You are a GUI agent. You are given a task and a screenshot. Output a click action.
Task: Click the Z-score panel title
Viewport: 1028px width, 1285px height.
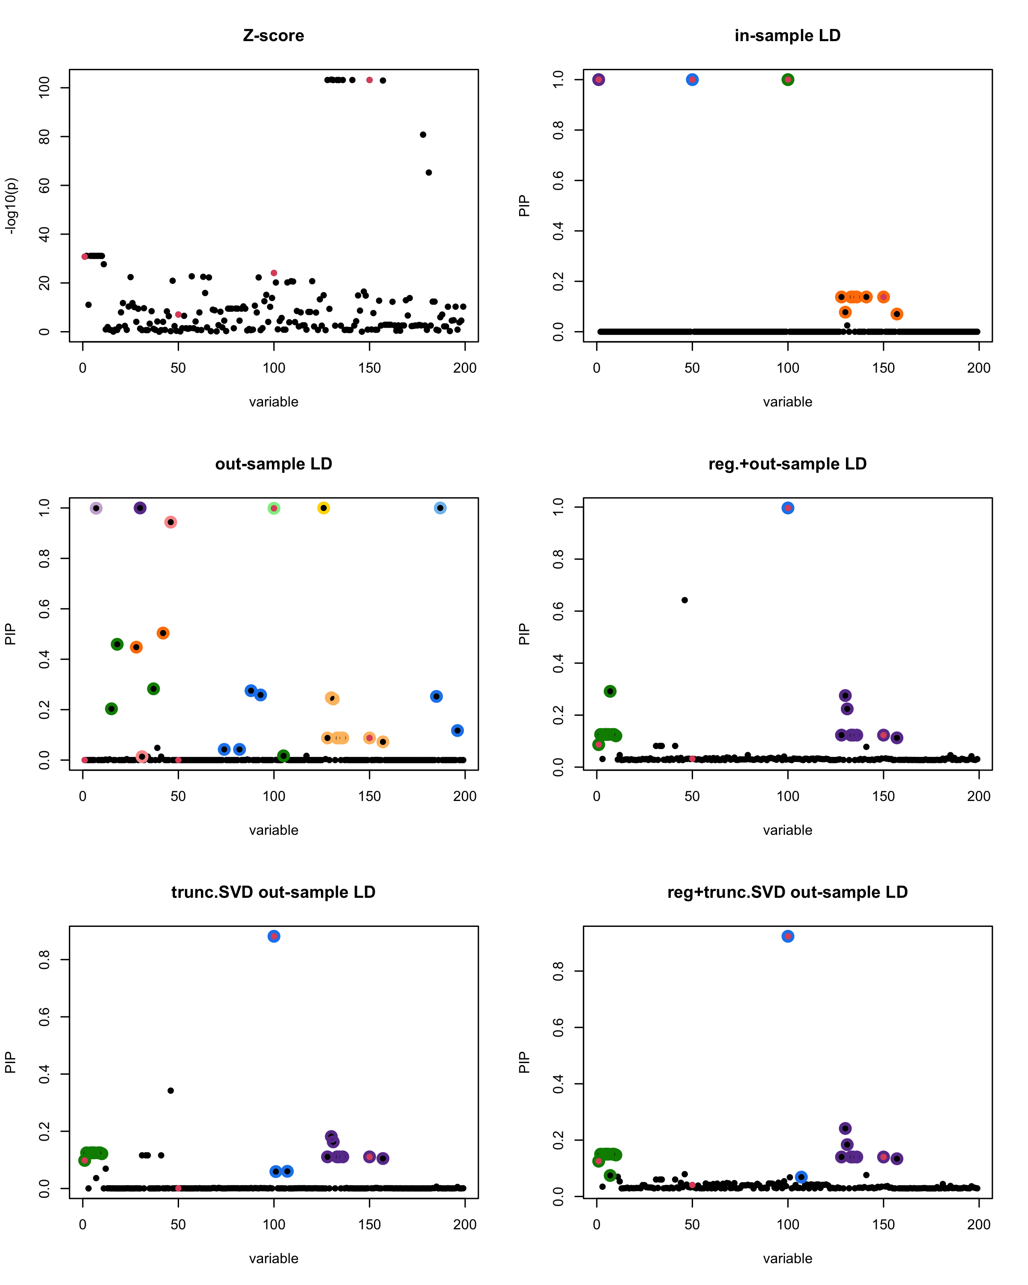tap(274, 36)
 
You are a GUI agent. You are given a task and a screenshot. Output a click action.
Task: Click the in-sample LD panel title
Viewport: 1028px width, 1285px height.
tap(787, 36)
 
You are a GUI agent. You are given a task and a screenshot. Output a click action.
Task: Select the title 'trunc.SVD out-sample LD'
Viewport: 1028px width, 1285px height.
tap(274, 892)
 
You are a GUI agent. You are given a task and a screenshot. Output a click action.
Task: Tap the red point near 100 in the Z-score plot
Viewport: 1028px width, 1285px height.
tap(274, 273)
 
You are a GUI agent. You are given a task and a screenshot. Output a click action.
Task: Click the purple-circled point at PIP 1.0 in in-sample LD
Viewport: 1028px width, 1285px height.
tap(599, 80)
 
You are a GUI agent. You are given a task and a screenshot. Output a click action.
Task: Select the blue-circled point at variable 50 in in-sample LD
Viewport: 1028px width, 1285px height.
tap(692, 80)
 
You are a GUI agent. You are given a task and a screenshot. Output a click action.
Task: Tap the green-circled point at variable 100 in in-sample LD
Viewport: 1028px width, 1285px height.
tap(788, 80)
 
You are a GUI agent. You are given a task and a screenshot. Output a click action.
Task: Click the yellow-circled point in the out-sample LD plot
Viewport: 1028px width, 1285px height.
tap(323, 508)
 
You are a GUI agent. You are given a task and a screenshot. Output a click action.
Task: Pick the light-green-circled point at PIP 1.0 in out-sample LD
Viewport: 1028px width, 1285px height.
tap(274, 508)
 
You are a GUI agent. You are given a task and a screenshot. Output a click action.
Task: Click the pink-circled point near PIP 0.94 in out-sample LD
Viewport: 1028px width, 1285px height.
tap(170, 522)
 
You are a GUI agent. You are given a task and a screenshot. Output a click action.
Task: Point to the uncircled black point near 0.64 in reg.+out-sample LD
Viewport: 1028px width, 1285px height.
tap(685, 600)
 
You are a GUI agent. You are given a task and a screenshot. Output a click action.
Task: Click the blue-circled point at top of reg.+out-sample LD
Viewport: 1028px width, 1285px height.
tap(788, 508)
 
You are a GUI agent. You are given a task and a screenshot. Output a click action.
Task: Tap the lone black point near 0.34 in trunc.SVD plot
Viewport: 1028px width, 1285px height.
tap(170, 1091)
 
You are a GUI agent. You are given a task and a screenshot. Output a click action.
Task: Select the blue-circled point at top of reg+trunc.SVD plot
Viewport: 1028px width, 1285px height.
tap(788, 936)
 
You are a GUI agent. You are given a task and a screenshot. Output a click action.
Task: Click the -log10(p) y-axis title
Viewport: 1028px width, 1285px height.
tap(11, 206)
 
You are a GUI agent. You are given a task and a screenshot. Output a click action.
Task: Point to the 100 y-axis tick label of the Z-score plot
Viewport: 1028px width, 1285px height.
tap(44, 88)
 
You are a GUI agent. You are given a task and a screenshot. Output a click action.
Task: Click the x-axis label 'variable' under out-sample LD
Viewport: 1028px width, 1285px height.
tap(274, 830)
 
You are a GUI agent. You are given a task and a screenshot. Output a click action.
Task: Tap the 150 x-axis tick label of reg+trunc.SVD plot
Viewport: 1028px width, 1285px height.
tap(883, 1224)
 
